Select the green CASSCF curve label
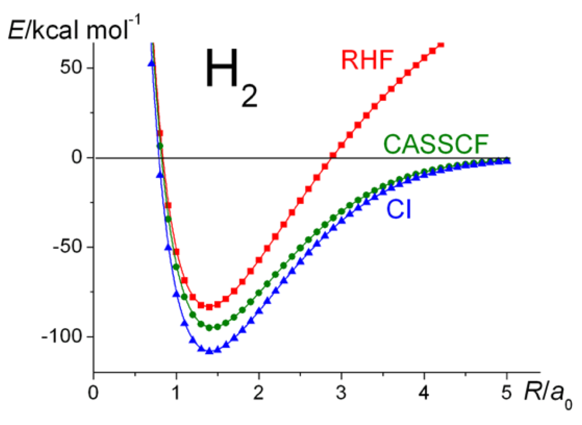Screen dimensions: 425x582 coord(436,144)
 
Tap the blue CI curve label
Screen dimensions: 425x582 coord(399,209)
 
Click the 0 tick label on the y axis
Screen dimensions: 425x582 coord(77,157)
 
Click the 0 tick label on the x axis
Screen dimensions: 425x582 coord(93,393)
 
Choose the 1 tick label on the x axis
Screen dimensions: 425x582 coord(176,393)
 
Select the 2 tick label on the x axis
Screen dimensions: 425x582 coord(258,393)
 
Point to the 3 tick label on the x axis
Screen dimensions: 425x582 coord(341,393)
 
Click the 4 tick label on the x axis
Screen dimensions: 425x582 coord(424,393)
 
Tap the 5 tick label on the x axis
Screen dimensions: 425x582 coord(506,393)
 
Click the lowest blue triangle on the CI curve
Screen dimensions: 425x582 coord(209,351)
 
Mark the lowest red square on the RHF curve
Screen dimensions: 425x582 coord(209,307)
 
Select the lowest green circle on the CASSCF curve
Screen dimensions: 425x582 coord(209,328)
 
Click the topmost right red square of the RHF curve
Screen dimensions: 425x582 coord(441,44)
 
